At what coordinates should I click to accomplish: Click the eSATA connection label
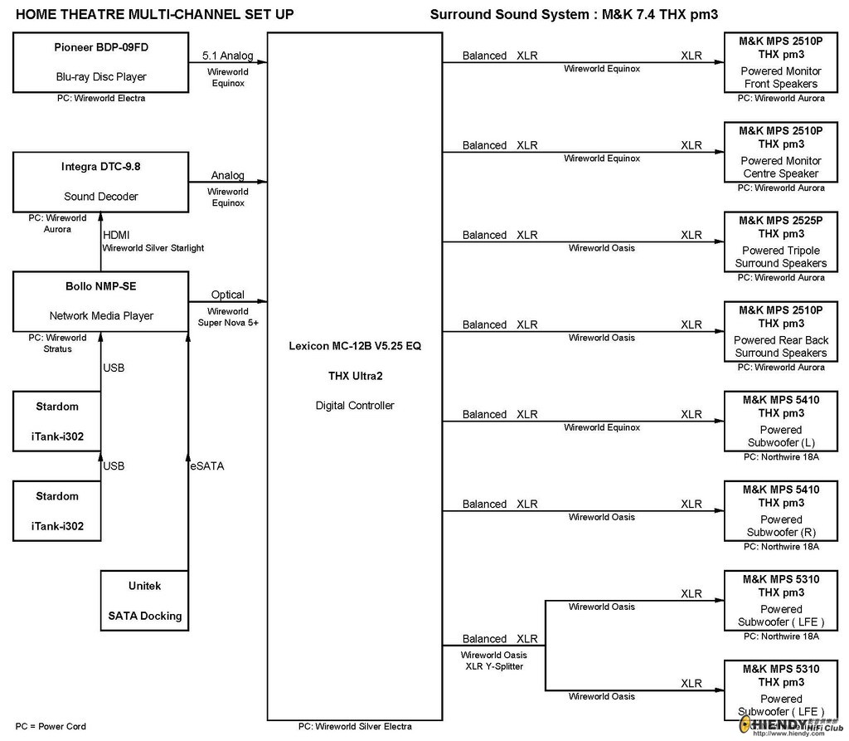coord(206,466)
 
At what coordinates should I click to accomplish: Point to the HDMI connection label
coord(116,235)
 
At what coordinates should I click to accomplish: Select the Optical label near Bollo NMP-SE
coord(228,295)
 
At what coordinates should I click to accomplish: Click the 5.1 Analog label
coord(228,56)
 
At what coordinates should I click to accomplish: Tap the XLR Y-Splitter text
coord(494,666)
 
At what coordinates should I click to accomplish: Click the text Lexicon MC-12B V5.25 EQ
coord(355,346)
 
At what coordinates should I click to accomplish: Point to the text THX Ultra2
coord(355,376)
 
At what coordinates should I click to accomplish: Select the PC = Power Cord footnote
coord(51,726)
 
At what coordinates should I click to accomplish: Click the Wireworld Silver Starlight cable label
coord(153,248)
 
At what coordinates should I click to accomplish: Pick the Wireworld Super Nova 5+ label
coord(228,317)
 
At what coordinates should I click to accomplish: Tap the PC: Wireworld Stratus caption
coord(57,344)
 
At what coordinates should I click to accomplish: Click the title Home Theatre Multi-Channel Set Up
coord(155,15)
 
